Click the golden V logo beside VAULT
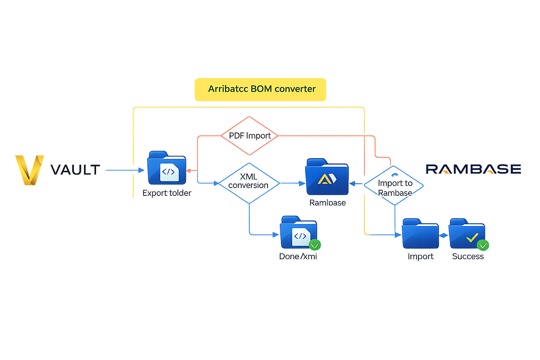30,169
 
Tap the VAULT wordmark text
75,170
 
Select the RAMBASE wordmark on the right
473,169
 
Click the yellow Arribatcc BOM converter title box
261,89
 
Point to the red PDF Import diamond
250,136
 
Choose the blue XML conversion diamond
249,183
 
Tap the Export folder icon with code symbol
167,169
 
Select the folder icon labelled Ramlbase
327,178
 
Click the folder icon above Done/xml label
298,233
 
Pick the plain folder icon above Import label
420,234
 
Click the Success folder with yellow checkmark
467,234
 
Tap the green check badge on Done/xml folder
315,245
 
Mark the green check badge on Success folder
483,245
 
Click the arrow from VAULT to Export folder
124,170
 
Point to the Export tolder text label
167,193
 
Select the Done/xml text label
298,257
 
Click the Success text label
468,257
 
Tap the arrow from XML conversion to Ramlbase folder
292,183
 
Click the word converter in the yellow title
295,89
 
